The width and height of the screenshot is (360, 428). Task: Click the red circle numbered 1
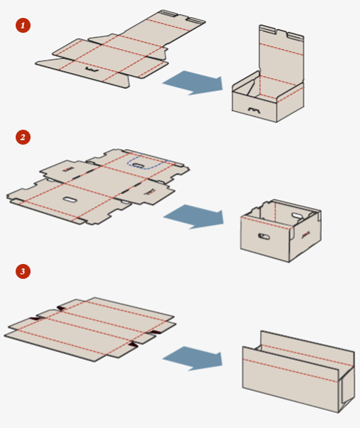click(x=23, y=25)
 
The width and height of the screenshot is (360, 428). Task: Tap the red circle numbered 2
click(x=23, y=137)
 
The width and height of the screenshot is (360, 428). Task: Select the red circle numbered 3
click(x=23, y=271)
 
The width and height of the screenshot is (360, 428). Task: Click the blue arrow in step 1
click(x=193, y=83)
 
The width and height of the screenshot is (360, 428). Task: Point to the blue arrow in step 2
click(x=194, y=216)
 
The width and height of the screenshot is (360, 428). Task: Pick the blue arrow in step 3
click(x=193, y=359)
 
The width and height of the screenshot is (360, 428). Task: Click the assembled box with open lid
click(x=268, y=74)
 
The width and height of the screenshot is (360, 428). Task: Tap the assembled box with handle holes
click(x=280, y=230)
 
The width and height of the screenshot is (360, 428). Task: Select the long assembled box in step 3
click(x=299, y=372)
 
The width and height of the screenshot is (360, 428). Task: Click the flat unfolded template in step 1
click(x=120, y=49)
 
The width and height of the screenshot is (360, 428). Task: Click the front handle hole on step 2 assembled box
click(x=264, y=236)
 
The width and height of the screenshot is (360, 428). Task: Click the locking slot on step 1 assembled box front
click(x=254, y=110)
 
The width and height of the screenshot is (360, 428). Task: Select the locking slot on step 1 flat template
click(x=92, y=69)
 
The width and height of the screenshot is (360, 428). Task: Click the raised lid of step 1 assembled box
click(x=282, y=54)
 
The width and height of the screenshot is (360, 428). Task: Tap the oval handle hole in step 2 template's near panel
click(x=70, y=200)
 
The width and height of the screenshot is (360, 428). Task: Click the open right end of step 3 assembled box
click(x=347, y=388)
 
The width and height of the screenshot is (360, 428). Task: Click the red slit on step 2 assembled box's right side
click(x=306, y=234)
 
